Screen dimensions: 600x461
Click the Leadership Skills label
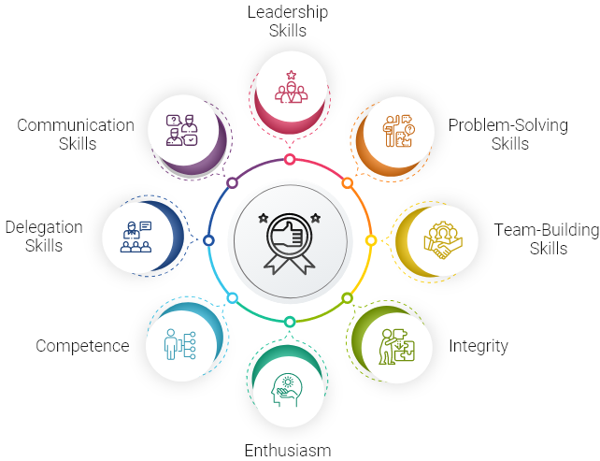pyautogui.click(x=288, y=22)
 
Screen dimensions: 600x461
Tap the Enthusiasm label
pyautogui.click(x=288, y=451)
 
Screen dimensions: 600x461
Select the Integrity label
pyautogui.click(x=479, y=347)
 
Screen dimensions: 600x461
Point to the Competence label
pyautogui.click(x=82, y=346)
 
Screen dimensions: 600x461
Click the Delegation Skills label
pyautogui.click(x=44, y=237)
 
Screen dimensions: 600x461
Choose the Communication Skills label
pyautogui.click(x=76, y=135)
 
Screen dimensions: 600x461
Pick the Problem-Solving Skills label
pyautogui.click(x=508, y=135)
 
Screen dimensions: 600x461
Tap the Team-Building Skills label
pyautogui.click(x=547, y=239)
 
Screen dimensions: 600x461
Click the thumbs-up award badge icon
pyautogui.click(x=290, y=243)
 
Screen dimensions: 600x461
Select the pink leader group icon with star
pyautogui.click(x=292, y=87)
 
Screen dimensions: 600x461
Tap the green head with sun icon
pyautogui.click(x=287, y=390)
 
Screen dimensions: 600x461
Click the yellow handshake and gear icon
pyautogui.click(x=443, y=240)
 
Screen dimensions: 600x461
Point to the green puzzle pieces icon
pyautogui.click(x=397, y=347)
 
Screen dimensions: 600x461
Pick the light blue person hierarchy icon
pyautogui.click(x=179, y=344)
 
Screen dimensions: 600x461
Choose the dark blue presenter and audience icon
pyautogui.click(x=136, y=237)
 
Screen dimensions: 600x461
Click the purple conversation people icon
pyautogui.click(x=181, y=130)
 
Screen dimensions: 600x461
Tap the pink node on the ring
pyautogui.click(x=290, y=159)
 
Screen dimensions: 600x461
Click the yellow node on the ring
pyautogui.click(x=371, y=240)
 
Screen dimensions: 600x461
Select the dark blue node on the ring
pyautogui.click(x=208, y=240)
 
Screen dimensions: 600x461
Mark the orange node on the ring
pyautogui.click(x=347, y=183)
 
